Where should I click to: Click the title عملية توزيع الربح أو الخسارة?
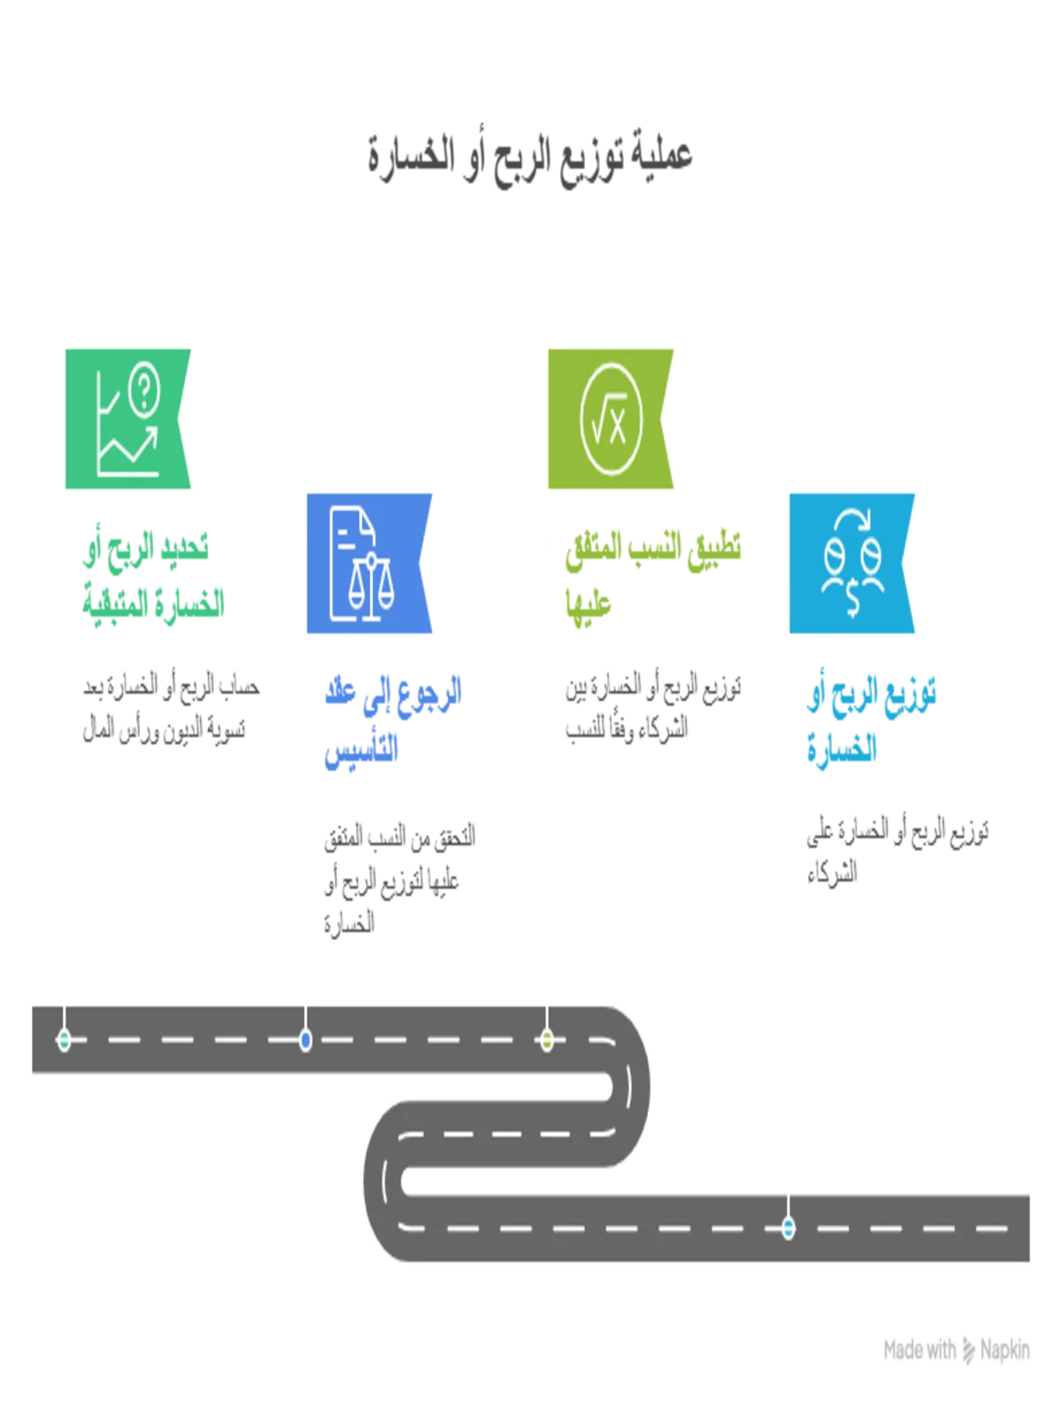530,158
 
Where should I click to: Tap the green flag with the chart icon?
127,418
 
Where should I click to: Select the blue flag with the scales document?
369,563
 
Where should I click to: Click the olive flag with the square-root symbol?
610,418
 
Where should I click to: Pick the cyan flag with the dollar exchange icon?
851,563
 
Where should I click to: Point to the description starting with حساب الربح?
171,708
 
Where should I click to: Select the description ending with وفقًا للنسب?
653,708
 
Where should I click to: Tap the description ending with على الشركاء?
897,851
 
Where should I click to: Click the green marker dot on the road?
64,1040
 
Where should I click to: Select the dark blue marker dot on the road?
305,1040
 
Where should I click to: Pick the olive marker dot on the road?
547,1040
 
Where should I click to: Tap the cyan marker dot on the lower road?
788,1227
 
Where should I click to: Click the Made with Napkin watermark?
957,1351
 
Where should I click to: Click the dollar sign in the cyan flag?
852,600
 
